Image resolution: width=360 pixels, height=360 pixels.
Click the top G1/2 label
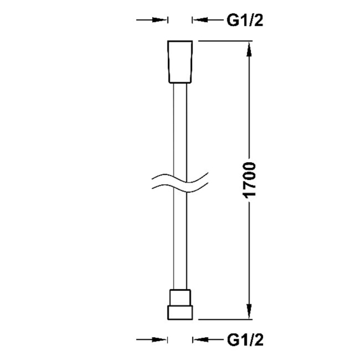click(245, 20)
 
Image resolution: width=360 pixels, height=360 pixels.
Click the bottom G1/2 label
click(245, 340)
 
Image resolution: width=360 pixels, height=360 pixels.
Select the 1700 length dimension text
click(248, 180)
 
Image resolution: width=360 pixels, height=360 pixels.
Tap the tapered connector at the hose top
click(180, 61)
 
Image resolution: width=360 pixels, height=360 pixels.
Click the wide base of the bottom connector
click(180, 312)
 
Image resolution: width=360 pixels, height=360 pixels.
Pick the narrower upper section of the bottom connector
click(180, 297)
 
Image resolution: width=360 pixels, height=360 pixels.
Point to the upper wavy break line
click(180, 177)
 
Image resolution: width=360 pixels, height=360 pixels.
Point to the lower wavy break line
click(180, 188)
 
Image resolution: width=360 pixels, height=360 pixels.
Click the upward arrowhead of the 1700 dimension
click(249, 49)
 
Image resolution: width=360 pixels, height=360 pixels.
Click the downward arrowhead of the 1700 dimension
click(249, 312)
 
